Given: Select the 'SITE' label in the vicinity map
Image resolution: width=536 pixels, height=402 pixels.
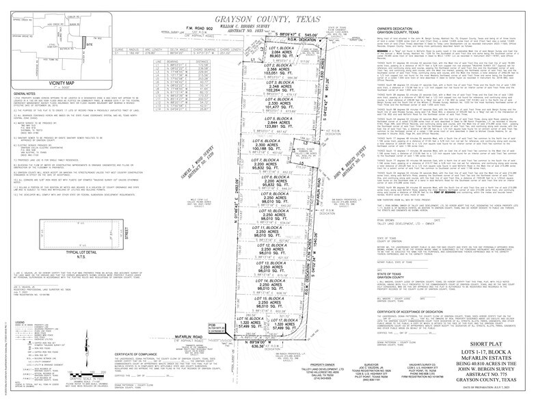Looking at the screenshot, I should pyautogui.click(x=89, y=44).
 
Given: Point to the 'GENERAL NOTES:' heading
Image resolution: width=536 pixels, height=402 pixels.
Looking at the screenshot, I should pyautogui.click(x=25, y=93).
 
